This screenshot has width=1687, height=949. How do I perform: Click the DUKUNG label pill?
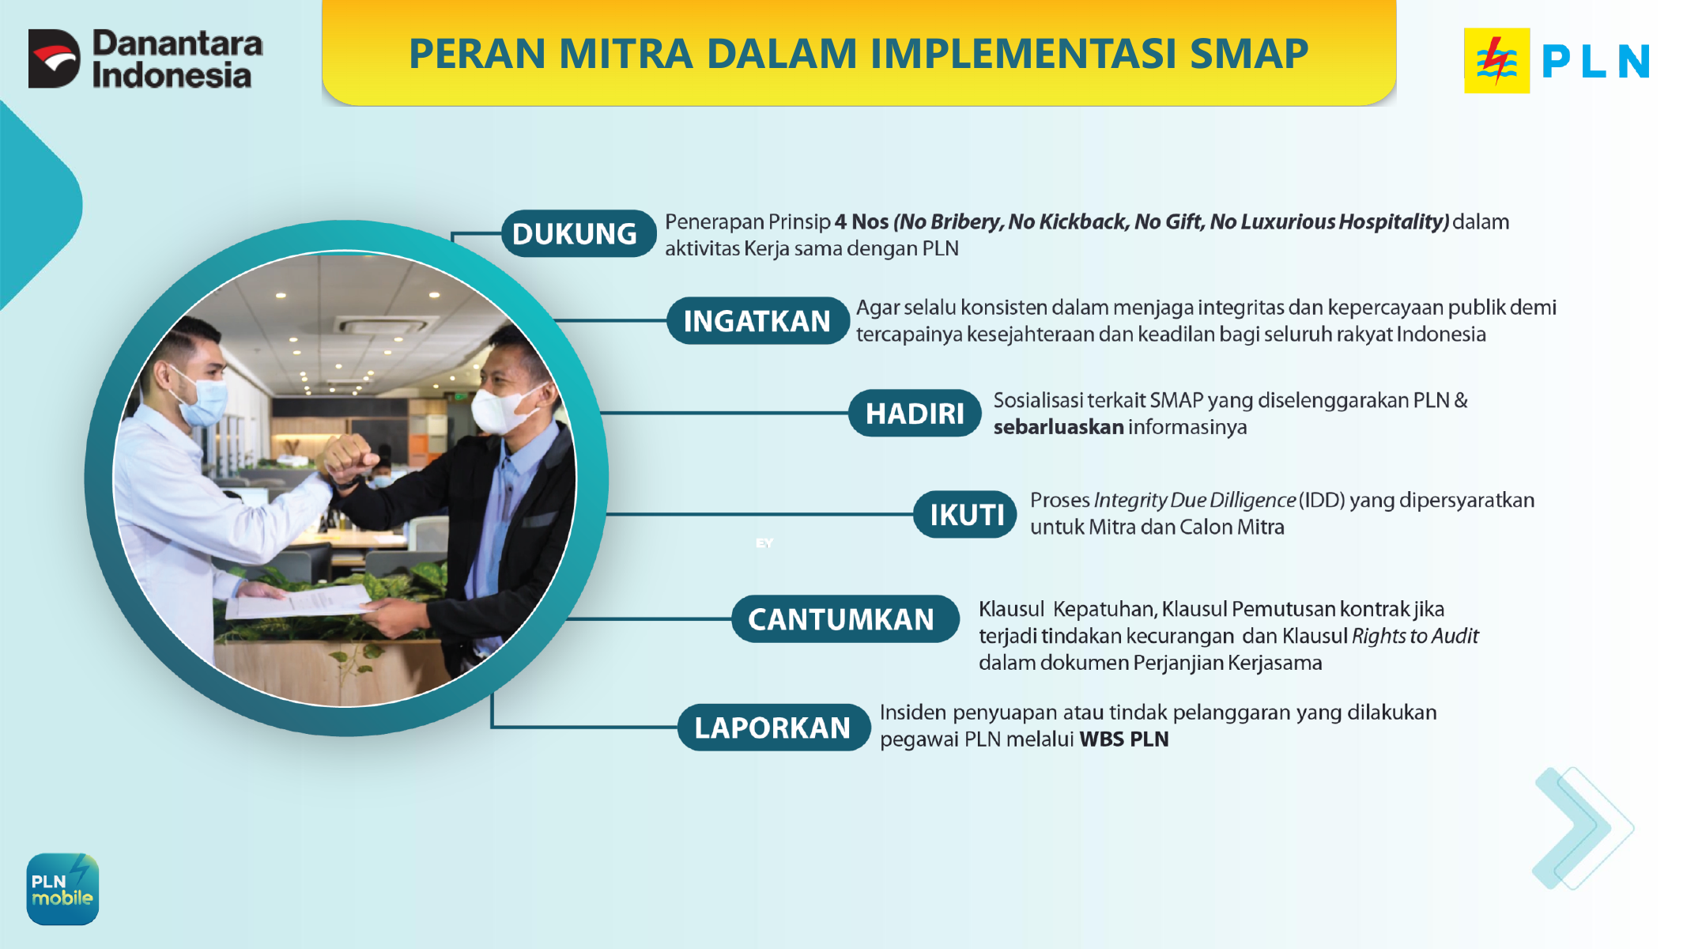click(x=578, y=233)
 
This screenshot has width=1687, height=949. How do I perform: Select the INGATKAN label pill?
click(x=757, y=320)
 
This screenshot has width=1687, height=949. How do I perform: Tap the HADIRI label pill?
click(x=915, y=413)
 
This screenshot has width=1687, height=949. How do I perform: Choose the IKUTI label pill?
click(x=965, y=514)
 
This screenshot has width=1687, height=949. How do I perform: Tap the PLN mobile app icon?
click(x=62, y=889)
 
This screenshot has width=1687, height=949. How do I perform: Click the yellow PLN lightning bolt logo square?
click(x=1496, y=61)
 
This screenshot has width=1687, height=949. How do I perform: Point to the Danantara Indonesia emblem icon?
click(x=54, y=59)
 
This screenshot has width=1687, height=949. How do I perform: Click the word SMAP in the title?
click(x=1249, y=54)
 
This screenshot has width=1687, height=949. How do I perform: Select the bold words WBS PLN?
click(x=1123, y=739)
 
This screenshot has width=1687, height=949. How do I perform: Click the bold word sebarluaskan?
click(x=1059, y=427)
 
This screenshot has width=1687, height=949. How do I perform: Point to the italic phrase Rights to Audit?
click(x=1415, y=636)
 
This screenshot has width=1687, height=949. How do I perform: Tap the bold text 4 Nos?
click(x=862, y=221)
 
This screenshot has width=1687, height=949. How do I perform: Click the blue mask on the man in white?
click(x=202, y=399)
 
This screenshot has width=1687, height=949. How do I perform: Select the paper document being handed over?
click(x=299, y=601)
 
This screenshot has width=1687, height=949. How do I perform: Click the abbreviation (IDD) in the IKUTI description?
click(x=1322, y=500)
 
